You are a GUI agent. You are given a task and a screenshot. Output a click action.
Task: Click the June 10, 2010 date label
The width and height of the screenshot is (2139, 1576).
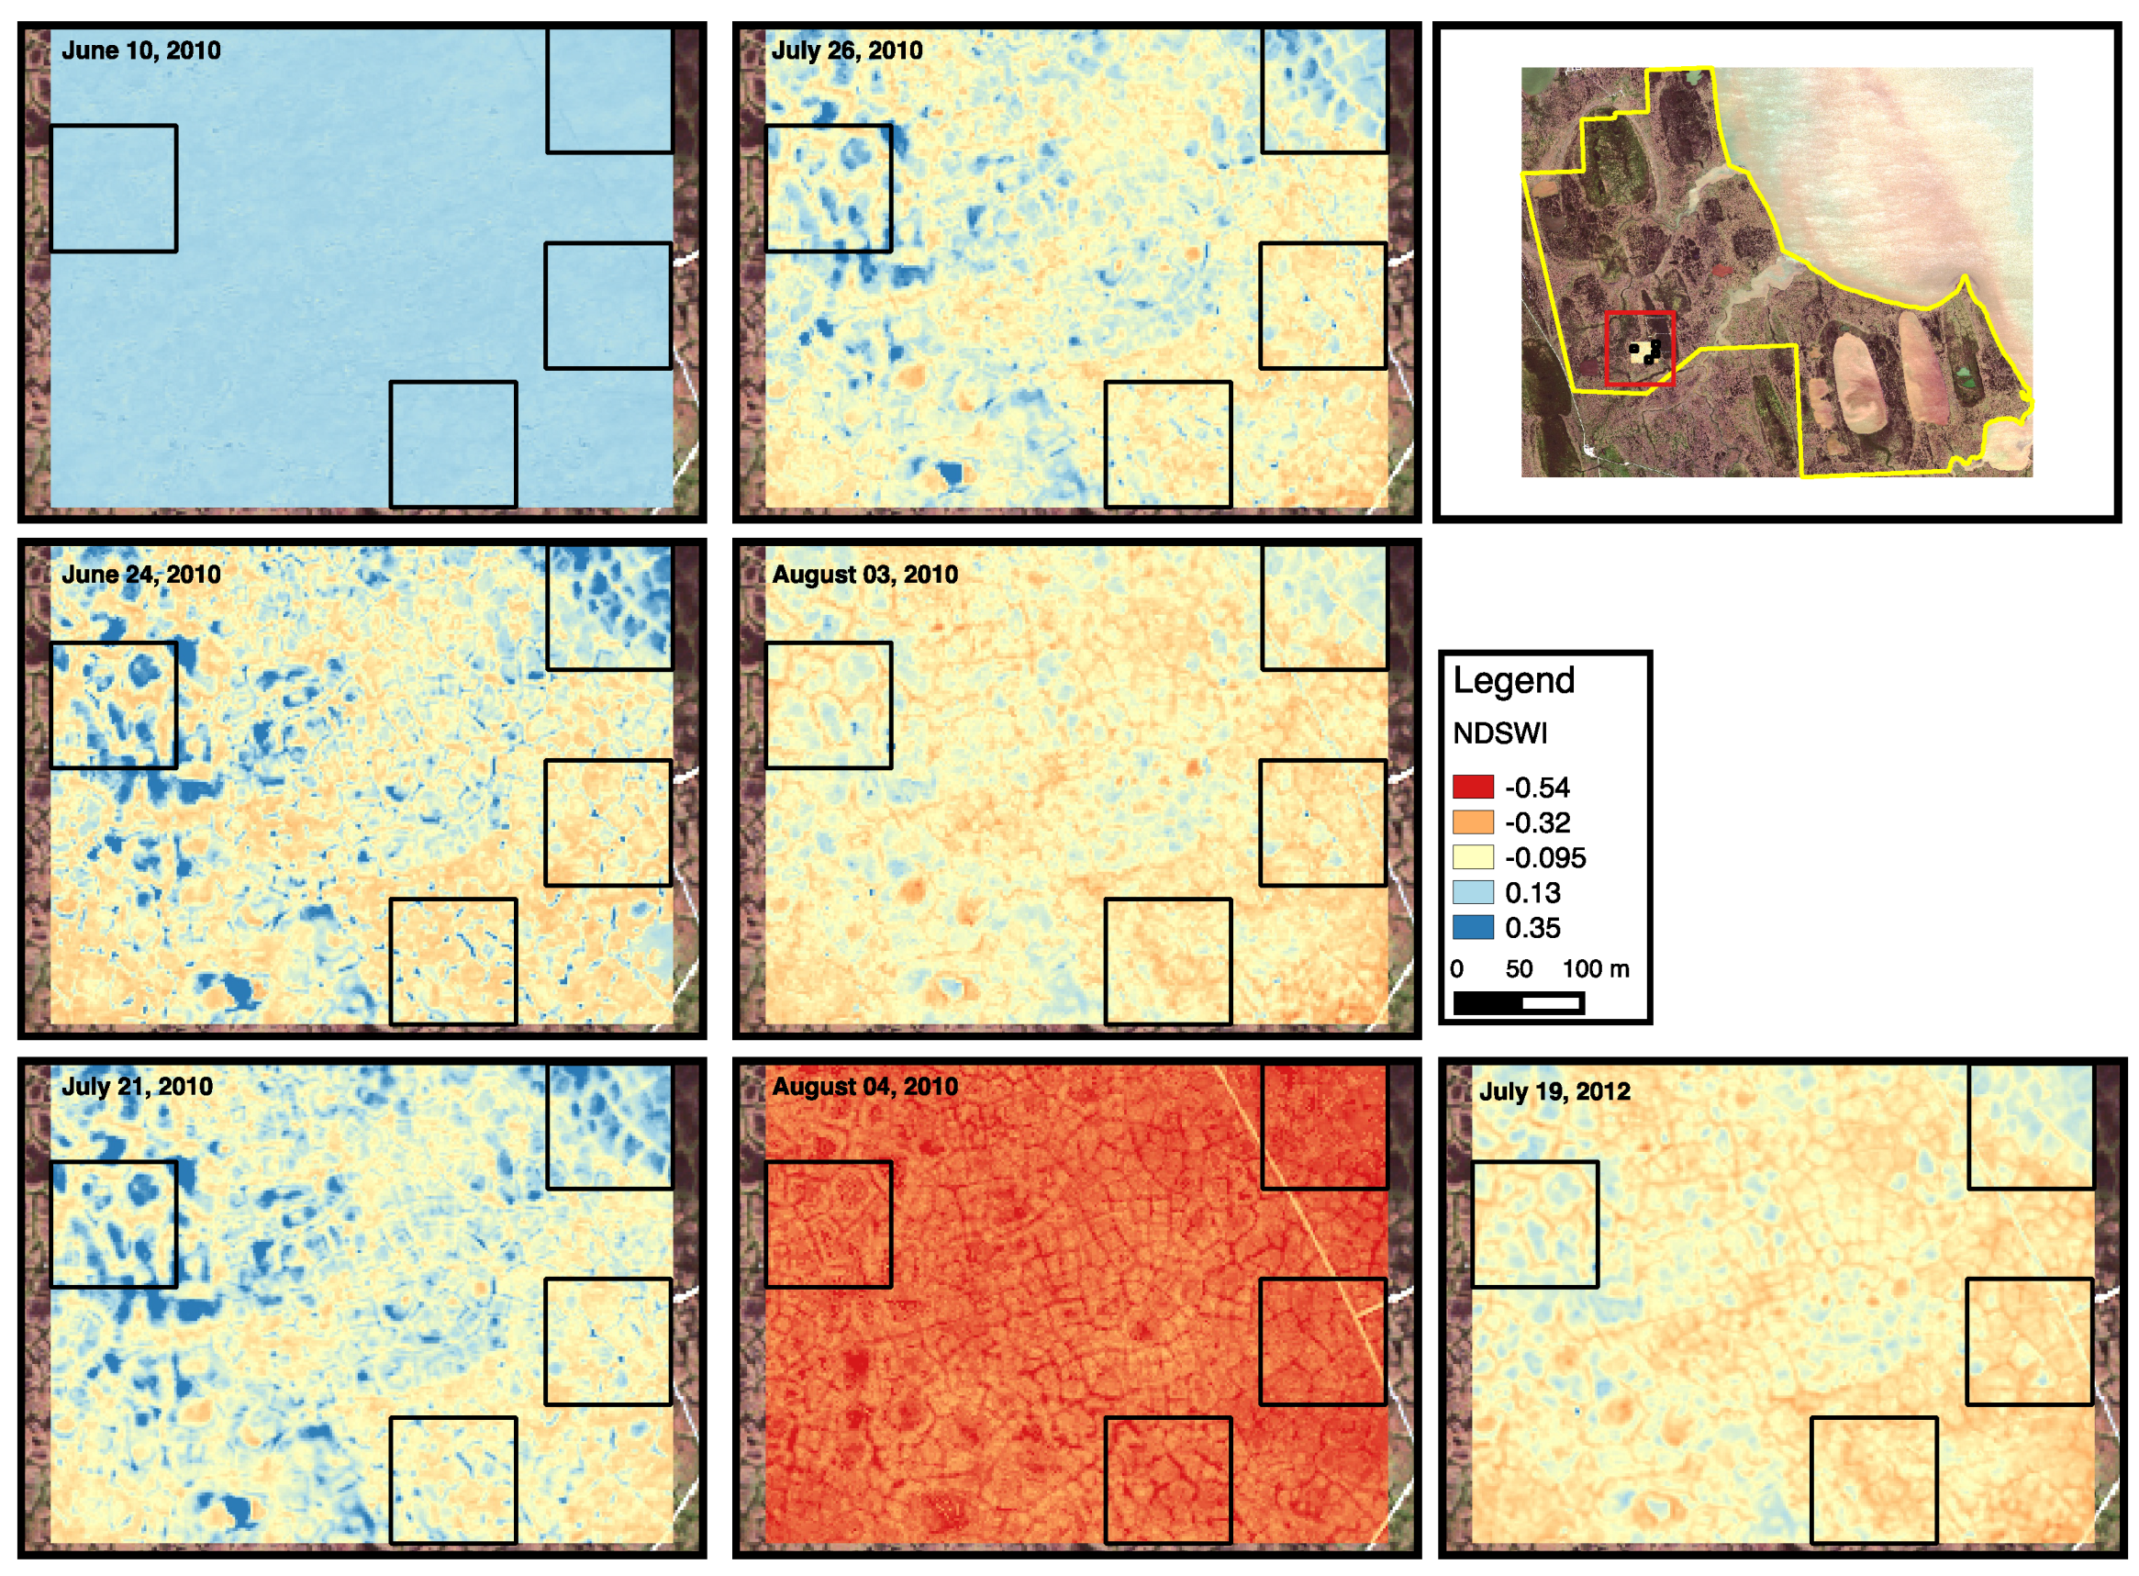pyautogui.click(x=141, y=50)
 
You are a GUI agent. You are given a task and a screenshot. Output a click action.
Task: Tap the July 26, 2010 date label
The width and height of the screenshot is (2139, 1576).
pyautogui.click(x=847, y=50)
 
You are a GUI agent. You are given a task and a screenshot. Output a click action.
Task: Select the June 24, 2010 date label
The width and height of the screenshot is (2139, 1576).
pyautogui.click(x=141, y=575)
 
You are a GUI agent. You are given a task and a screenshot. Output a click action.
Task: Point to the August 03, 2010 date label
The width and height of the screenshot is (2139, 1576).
pyautogui.click(x=865, y=575)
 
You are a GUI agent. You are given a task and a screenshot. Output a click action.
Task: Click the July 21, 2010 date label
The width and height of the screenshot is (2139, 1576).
pyautogui.click(x=138, y=1086)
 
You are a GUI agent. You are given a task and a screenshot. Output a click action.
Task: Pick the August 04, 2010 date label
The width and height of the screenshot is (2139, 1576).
pyautogui.click(x=865, y=1086)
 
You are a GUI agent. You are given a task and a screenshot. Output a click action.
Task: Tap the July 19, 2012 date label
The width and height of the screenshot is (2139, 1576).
pyautogui.click(x=1554, y=1091)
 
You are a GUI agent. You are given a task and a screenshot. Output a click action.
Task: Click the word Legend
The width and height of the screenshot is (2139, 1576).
pyautogui.click(x=1513, y=681)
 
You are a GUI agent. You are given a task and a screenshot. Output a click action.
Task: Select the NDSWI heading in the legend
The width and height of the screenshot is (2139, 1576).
pyautogui.click(x=1500, y=733)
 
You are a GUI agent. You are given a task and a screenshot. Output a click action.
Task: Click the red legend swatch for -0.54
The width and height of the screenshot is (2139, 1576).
pyautogui.click(x=1473, y=787)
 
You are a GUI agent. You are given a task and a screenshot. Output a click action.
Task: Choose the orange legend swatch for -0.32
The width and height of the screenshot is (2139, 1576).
pyautogui.click(x=1473, y=822)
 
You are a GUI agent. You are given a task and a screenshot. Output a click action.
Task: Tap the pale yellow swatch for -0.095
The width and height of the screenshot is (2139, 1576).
pyautogui.click(x=1473, y=857)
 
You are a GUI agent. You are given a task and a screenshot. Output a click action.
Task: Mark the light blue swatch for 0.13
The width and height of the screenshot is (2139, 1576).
pyautogui.click(x=1473, y=893)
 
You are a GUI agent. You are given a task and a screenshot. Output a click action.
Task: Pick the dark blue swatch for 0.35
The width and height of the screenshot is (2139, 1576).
pyautogui.click(x=1473, y=927)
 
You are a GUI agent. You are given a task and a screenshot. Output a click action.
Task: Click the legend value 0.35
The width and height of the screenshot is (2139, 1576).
pyautogui.click(x=1532, y=928)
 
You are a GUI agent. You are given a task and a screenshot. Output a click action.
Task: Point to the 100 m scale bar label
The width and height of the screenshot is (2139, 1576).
pyautogui.click(x=1596, y=969)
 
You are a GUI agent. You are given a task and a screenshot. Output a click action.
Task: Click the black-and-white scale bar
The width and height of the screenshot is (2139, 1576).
pyautogui.click(x=1518, y=1002)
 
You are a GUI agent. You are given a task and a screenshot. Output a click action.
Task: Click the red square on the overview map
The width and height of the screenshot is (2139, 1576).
pyautogui.click(x=1639, y=348)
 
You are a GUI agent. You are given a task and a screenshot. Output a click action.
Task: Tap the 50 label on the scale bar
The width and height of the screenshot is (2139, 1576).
pyautogui.click(x=1519, y=969)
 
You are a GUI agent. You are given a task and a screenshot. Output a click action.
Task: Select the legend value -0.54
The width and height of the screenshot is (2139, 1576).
pyautogui.click(x=1537, y=788)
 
